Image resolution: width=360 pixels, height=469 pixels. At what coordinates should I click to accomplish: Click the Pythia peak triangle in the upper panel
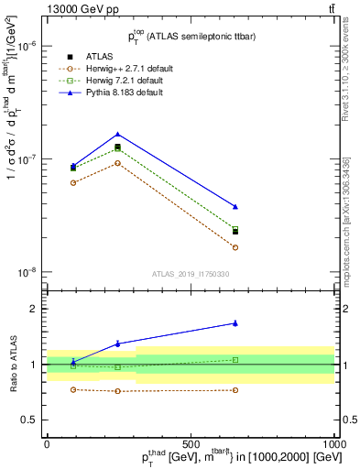(x=117, y=134)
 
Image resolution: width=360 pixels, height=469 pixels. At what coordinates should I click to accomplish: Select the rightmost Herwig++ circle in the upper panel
(x=235, y=247)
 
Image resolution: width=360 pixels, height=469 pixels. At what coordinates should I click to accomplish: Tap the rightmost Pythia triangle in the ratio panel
(x=235, y=323)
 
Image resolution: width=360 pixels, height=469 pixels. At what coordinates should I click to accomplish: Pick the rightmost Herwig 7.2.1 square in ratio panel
(x=235, y=360)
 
